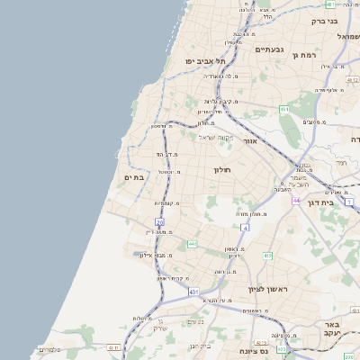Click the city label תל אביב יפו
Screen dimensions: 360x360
point(203,60)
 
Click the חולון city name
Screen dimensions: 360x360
point(222,169)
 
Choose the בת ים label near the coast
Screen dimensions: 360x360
point(134,177)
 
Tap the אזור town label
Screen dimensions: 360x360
point(251,141)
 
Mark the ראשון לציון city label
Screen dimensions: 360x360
point(268,289)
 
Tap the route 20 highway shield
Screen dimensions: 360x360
point(159,221)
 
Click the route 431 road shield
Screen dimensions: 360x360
point(193,292)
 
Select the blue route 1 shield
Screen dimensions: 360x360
point(349,203)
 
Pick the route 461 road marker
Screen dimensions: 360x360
point(283,109)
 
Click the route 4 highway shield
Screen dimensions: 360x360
point(244,227)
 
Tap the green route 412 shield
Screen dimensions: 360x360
point(267,256)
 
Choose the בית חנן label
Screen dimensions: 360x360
point(201,345)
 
